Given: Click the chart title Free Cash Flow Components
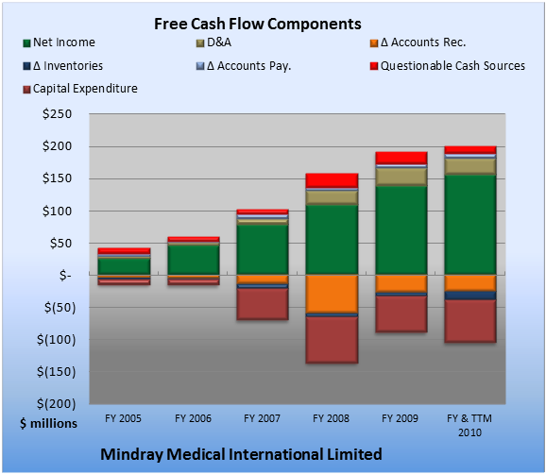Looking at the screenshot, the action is click(x=258, y=25).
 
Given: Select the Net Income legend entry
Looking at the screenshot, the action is click(x=59, y=42).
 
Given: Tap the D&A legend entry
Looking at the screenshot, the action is click(x=213, y=42).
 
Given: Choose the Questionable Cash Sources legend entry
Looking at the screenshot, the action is click(x=448, y=66).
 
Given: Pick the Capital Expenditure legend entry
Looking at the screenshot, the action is click(x=80, y=89).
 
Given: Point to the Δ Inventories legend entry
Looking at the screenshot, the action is click(x=62, y=66).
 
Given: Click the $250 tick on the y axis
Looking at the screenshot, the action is click(x=57, y=114).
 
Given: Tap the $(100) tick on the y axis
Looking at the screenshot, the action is click(x=56, y=340).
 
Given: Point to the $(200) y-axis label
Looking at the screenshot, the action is click(x=56, y=404).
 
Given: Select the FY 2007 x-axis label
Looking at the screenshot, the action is click(x=263, y=418).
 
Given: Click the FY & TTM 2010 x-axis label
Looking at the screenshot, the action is click(x=469, y=425).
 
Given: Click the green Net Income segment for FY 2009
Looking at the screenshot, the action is click(x=401, y=230).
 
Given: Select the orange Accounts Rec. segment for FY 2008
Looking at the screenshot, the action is click(x=332, y=294).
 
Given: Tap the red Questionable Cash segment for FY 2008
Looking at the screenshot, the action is click(x=332, y=180).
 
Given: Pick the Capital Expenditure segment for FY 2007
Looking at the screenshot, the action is click(x=263, y=304).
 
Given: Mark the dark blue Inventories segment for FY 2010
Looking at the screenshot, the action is click(x=470, y=296).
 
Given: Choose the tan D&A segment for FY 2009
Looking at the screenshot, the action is click(x=401, y=178).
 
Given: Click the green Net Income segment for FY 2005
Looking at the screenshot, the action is click(x=125, y=266).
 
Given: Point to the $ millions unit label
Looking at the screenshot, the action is click(x=48, y=424).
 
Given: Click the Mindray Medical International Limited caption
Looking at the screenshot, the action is click(x=241, y=454).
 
